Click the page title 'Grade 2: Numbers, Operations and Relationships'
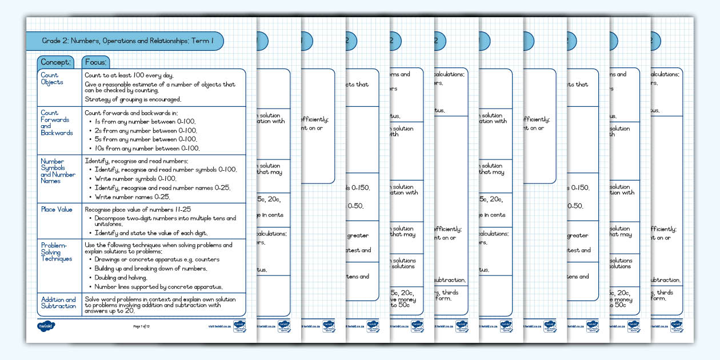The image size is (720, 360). (x=128, y=41)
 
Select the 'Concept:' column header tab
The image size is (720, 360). (x=55, y=62)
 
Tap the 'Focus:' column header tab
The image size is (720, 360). (x=96, y=62)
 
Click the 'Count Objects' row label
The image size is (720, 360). (x=52, y=79)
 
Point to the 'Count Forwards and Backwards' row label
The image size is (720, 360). (x=57, y=123)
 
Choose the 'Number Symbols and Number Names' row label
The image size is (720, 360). (x=58, y=171)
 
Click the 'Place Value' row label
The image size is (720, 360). (x=57, y=210)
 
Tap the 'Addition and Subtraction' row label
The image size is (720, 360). (x=58, y=303)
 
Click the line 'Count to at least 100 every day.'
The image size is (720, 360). (x=129, y=75)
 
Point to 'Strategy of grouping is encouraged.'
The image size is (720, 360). (x=133, y=99)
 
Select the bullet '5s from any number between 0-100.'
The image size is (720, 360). (x=147, y=139)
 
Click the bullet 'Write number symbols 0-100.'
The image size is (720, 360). (x=139, y=179)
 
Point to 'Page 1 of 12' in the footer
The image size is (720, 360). (x=141, y=326)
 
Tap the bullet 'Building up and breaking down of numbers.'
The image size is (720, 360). (x=151, y=269)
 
